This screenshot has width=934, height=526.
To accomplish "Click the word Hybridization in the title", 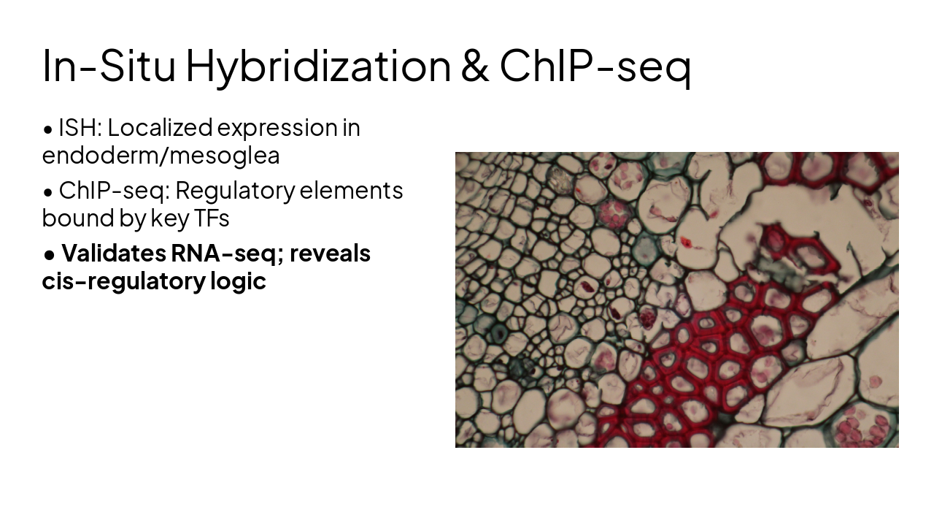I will tap(318, 66).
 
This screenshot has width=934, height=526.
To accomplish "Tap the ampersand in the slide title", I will tap(474, 66).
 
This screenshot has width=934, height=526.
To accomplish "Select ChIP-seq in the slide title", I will tap(595, 66).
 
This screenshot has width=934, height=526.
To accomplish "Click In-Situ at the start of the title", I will tap(109, 66).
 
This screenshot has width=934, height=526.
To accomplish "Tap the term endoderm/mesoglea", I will tap(161, 156).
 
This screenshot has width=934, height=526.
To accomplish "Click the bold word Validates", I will tap(113, 254).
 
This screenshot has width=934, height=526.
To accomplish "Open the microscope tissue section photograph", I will tap(676, 300).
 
